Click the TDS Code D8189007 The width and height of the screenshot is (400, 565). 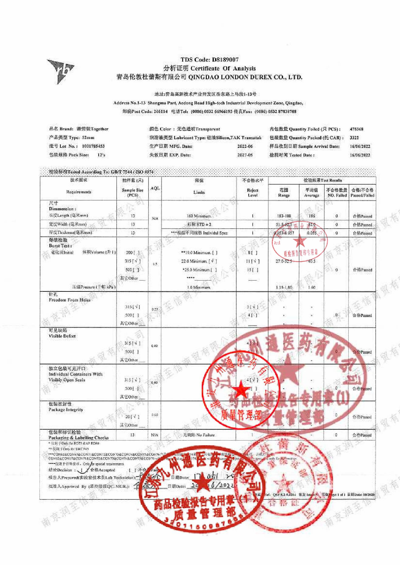click(x=210, y=60)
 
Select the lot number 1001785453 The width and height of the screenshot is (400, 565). click(x=93, y=146)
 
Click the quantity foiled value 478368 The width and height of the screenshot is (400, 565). click(x=356, y=129)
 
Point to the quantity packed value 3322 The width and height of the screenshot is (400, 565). click(x=354, y=138)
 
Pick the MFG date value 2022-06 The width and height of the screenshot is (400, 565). click(x=245, y=146)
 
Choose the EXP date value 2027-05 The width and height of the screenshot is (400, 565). click(x=245, y=155)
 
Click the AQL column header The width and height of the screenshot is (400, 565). click(x=155, y=188)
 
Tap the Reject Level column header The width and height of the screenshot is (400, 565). click(x=252, y=192)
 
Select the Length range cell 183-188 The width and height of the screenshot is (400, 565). click(x=284, y=216)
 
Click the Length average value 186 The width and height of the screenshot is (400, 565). click(x=312, y=216)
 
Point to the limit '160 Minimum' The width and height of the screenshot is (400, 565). click(x=199, y=216)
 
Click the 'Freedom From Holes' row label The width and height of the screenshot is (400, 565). click(x=70, y=300)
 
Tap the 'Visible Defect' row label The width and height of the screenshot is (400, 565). click(x=62, y=336)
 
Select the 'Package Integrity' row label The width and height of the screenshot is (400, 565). click(x=66, y=410)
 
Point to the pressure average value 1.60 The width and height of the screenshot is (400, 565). click(x=312, y=287)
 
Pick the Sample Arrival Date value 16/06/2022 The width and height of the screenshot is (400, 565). click(x=360, y=146)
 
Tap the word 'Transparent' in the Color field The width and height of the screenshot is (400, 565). click(x=208, y=129)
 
